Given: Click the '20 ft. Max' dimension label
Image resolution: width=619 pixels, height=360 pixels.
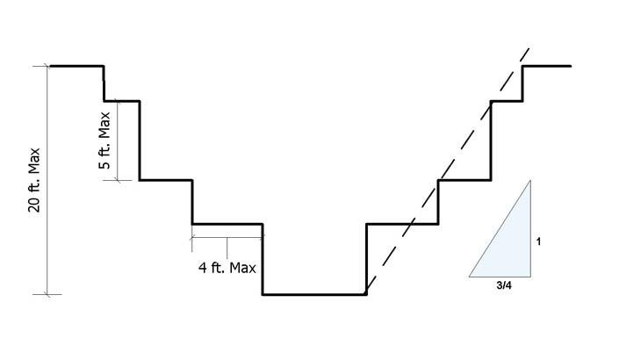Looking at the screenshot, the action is [x=33, y=180].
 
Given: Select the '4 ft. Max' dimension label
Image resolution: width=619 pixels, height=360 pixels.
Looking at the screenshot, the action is [x=227, y=264].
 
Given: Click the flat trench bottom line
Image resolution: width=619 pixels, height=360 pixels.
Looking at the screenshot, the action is [x=313, y=294].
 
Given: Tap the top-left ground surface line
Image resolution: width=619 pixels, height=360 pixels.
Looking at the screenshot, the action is [x=77, y=66].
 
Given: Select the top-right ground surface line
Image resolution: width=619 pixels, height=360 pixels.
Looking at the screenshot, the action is [x=547, y=66].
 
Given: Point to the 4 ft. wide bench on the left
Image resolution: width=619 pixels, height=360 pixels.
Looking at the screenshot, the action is [x=227, y=224].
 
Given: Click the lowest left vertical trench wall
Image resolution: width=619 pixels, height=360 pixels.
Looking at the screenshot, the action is [x=263, y=259].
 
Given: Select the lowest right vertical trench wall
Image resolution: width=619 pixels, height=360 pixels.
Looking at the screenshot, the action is [x=365, y=259].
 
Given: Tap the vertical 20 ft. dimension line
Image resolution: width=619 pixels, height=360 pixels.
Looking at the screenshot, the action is [x=47, y=180].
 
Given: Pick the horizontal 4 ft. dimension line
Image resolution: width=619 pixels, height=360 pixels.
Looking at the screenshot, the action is [x=227, y=237].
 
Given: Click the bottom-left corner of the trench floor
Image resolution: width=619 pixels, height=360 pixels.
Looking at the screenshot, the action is [x=263, y=294].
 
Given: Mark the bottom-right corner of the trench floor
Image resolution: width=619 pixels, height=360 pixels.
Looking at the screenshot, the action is [x=365, y=294].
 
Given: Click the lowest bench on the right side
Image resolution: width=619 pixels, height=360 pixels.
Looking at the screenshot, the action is [x=401, y=224].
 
